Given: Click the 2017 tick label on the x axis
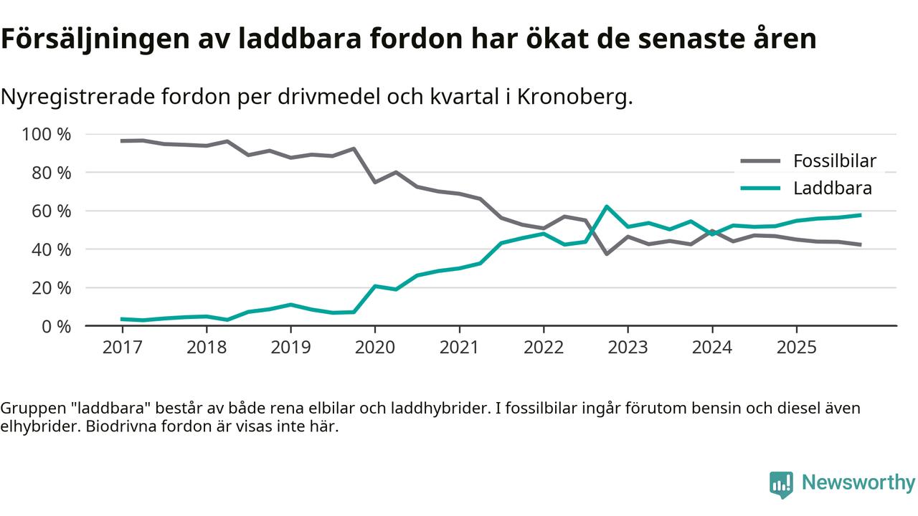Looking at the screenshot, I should click(x=122, y=348).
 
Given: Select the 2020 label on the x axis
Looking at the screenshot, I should click(x=375, y=348).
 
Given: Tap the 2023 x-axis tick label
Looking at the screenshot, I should click(x=628, y=348).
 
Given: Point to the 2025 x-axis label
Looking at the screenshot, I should click(x=796, y=348).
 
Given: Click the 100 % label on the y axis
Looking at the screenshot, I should click(x=47, y=134).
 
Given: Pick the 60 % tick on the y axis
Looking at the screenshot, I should click(x=51, y=211).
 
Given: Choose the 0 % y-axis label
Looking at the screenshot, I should click(x=55, y=326).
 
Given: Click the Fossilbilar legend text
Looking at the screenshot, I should click(x=834, y=161).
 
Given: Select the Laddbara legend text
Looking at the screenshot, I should click(x=832, y=188).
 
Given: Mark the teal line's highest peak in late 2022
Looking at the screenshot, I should click(x=607, y=206).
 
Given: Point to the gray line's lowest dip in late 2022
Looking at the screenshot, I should click(x=607, y=254).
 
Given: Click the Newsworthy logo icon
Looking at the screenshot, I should click(x=781, y=484).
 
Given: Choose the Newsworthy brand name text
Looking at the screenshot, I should click(x=858, y=483).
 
